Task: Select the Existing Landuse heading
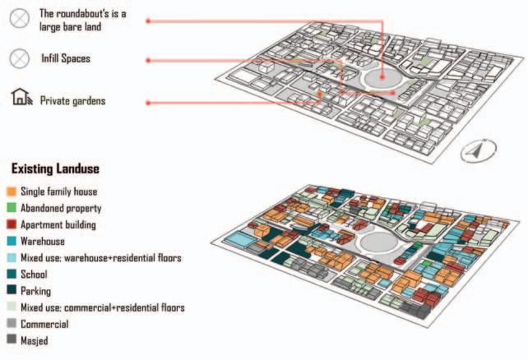55,169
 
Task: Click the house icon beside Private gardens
21,99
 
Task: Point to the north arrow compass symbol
476,151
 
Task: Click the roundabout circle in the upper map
382,79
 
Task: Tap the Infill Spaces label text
66,59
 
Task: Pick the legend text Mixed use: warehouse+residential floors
100,258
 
